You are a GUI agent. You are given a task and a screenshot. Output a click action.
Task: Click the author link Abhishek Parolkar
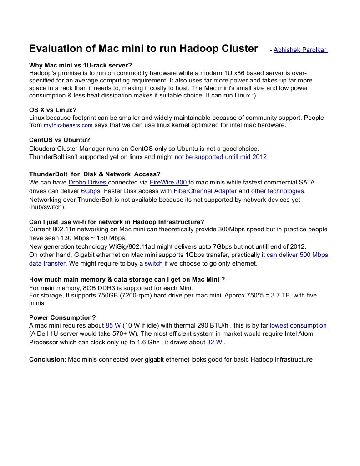[x=300, y=50]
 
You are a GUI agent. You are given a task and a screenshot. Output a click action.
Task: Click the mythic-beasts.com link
[x=69, y=125]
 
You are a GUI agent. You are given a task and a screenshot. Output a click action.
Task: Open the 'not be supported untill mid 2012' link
[x=221, y=157]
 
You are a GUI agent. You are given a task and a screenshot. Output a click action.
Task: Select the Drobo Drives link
[x=87, y=182]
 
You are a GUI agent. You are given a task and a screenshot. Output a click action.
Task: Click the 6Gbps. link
[x=91, y=191]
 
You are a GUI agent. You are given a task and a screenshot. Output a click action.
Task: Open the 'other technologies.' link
[x=278, y=191]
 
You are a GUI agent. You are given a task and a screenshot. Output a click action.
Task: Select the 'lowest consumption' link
[x=299, y=325]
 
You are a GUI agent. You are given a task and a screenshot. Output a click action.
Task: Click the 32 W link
[x=215, y=342]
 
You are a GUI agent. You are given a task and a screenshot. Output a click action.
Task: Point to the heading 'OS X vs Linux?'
[x=53, y=110]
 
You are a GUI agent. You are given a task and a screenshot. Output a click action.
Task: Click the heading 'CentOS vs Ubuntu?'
[x=60, y=140]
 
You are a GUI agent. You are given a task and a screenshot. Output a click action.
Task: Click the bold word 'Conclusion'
[x=46, y=359]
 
